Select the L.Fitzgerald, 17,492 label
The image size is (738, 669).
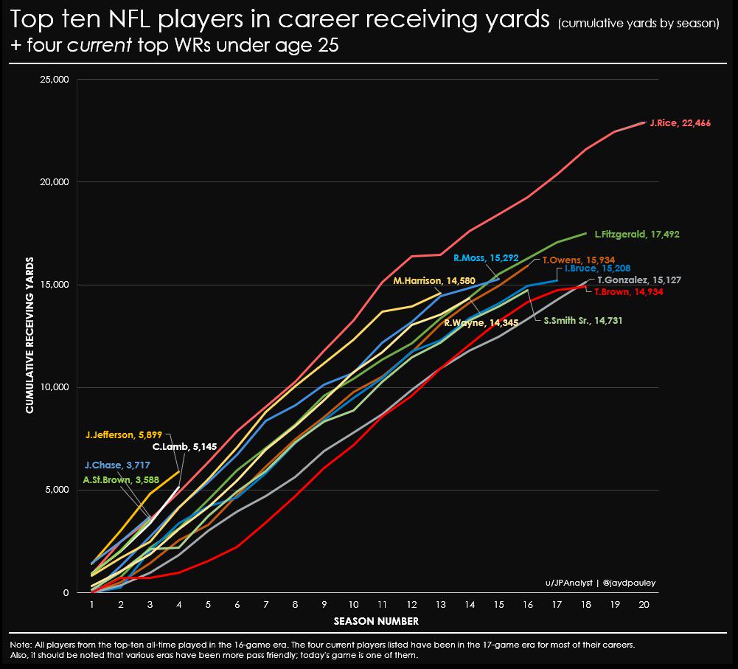636,235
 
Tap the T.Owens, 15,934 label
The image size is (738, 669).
574,260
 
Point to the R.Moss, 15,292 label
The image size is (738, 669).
486,258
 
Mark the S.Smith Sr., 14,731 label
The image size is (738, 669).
577,321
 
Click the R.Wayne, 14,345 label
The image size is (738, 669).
475,322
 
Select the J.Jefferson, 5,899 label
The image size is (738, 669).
123,435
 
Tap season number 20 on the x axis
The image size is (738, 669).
644,603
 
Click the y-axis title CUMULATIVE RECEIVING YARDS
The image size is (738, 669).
29,335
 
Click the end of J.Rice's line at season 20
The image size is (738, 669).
644,122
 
